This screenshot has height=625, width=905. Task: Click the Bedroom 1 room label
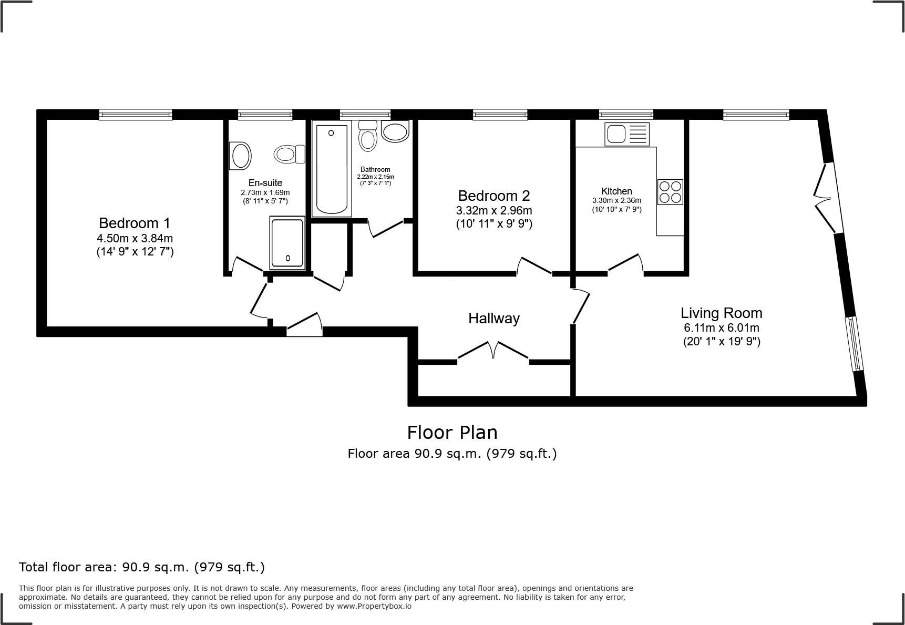point(135,223)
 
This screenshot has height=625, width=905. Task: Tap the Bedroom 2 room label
point(494,196)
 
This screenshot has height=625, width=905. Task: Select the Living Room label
point(722,313)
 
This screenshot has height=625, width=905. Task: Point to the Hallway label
point(494,318)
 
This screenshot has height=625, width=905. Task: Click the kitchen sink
point(628,134)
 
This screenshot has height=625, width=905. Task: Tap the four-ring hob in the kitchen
point(670,192)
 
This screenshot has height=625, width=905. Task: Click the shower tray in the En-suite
point(287,242)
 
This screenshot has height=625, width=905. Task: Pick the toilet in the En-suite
point(290,154)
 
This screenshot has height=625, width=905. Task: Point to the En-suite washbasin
point(240,156)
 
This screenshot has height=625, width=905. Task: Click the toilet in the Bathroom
point(368,135)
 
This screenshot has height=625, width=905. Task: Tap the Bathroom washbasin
point(395,131)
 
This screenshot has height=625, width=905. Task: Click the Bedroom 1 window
point(136,115)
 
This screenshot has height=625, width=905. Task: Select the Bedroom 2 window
point(500,115)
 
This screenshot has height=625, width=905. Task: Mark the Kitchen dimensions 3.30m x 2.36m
point(616,200)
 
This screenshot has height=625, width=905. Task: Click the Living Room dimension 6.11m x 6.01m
point(722,328)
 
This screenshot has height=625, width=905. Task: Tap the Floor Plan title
point(452,432)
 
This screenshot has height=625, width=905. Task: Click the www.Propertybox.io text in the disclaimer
point(374,606)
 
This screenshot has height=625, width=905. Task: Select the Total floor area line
point(142,567)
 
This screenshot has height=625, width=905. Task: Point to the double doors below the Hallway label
point(493,351)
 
